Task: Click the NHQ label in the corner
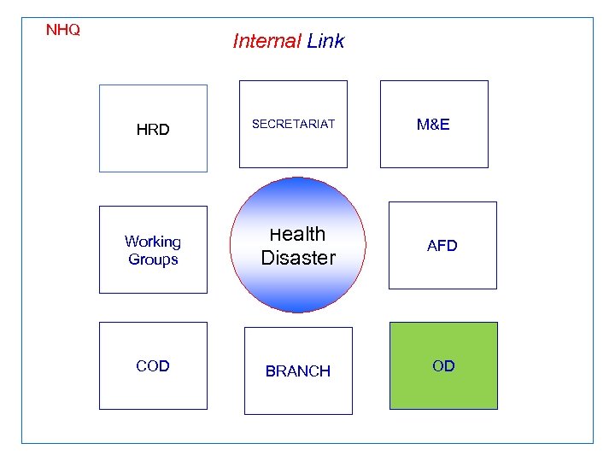(x=63, y=30)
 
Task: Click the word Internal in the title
(x=266, y=41)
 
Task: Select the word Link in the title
(x=325, y=41)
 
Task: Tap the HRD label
(x=153, y=130)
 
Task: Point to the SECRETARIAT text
(x=293, y=124)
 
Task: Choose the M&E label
(x=433, y=125)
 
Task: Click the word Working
(x=153, y=242)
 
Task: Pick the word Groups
(x=153, y=260)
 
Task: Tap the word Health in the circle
(x=298, y=234)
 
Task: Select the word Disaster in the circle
(x=298, y=257)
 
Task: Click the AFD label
(x=442, y=246)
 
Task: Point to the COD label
(x=153, y=366)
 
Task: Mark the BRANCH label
(x=298, y=371)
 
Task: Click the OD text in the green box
(x=443, y=366)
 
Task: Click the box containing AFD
(x=442, y=269)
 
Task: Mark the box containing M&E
(x=433, y=149)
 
